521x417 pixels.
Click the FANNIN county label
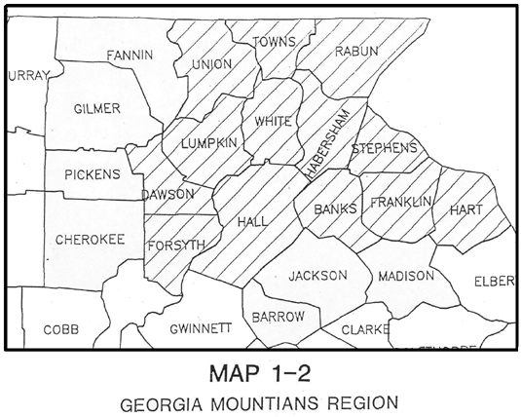click(130, 55)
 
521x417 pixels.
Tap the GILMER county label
click(97, 108)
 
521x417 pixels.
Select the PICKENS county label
click(93, 175)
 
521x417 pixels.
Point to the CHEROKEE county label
click(89, 239)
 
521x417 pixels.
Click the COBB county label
click(60, 329)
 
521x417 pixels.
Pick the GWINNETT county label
click(200, 328)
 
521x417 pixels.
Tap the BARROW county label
click(279, 318)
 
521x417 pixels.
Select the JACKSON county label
click(317, 276)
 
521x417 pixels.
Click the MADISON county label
click(406, 276)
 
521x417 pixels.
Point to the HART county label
click(467, 209)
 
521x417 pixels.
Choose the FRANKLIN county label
click(401, 202)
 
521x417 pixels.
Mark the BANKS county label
click(334, 209)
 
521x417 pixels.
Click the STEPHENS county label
click(384, 148)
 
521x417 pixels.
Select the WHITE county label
click(273, 122)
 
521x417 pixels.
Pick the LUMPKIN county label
click(208, 143)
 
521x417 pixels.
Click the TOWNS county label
click(274, 42)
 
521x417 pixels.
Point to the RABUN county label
click(354, 52)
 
